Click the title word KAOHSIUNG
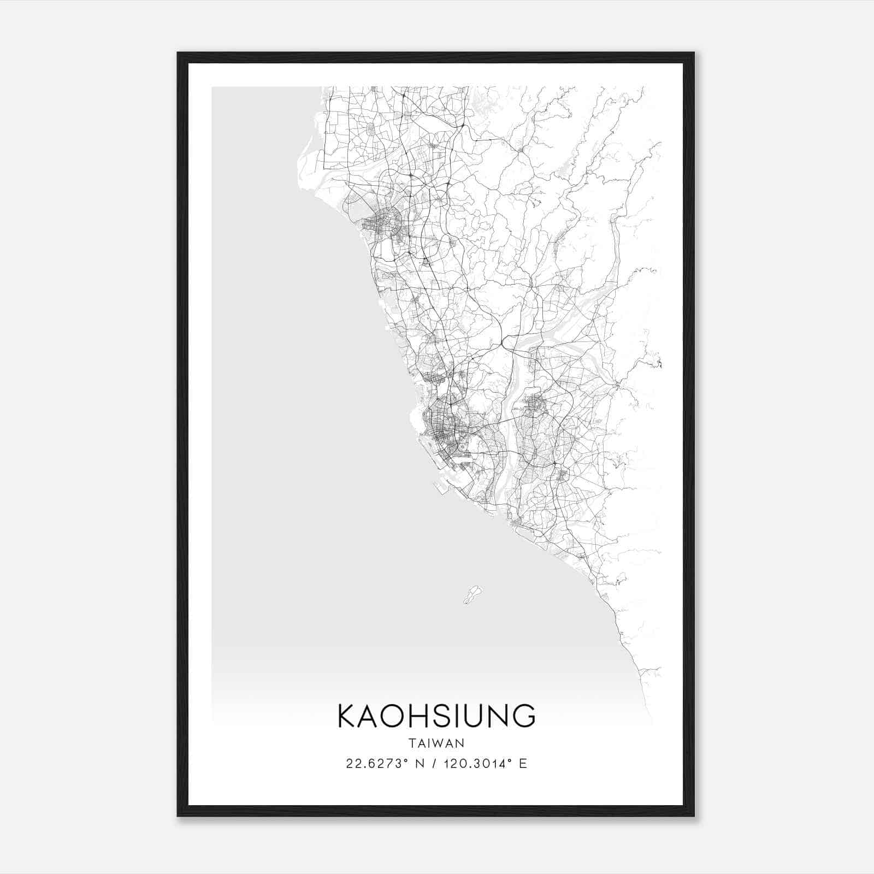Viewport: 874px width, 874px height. click(x=436, y=716)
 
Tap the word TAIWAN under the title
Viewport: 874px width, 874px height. click(x=436, y=743)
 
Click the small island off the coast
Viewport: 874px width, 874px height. click(x=473, y=594)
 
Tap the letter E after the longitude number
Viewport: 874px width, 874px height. click(x=523, y=764)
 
